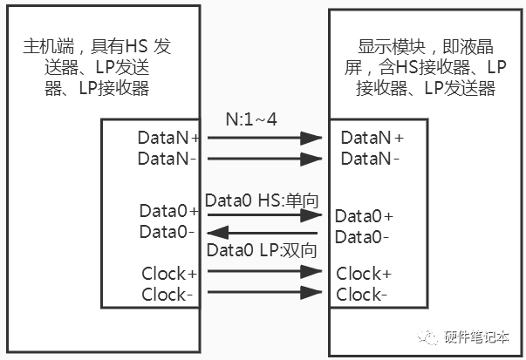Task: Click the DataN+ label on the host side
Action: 168,138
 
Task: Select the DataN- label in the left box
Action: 167,159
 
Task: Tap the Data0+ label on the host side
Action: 168,211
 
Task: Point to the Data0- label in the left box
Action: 167,232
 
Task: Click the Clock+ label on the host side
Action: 169,274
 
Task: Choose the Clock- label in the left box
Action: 167,295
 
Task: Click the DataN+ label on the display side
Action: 372,138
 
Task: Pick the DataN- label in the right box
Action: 370,159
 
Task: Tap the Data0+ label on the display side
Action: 364,216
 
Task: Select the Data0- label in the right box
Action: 362,237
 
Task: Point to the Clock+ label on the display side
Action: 364,274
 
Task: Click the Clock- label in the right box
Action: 362,295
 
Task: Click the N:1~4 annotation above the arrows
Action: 251,119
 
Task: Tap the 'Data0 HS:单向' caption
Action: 262,200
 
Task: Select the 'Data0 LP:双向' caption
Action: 262,250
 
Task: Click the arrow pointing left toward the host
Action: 263,232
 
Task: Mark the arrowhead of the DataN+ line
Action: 311,138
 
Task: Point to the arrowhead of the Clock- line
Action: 311,292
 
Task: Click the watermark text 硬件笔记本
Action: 476,336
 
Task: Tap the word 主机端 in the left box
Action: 48,46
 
